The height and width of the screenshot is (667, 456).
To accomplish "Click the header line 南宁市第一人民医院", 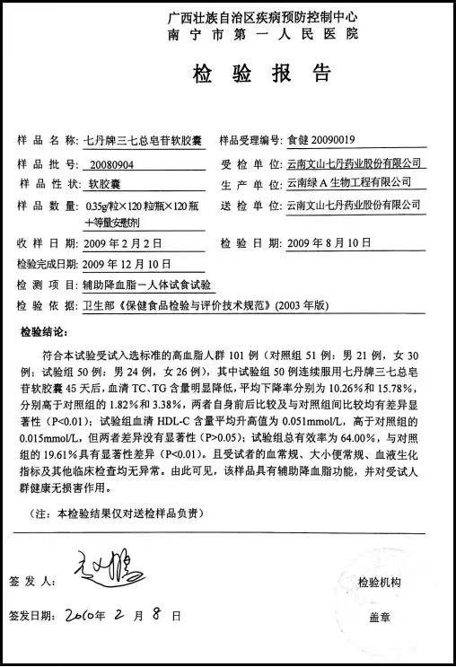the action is [x=262, y=33].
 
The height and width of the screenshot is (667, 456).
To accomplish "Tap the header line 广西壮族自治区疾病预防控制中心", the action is [x=263, y=17].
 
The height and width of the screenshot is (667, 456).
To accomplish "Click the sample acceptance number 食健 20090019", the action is [x=320, y=140].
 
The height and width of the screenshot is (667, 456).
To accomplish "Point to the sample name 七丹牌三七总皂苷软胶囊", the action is [x=143, y=140].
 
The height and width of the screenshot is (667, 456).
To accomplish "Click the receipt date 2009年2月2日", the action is [x=123, y=243].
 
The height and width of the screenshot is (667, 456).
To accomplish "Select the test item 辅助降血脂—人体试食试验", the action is [x=148, y=285].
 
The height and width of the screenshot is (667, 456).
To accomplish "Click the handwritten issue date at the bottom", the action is [x=122, y=616].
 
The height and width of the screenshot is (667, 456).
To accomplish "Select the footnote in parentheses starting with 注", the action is [x=118, y=513].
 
